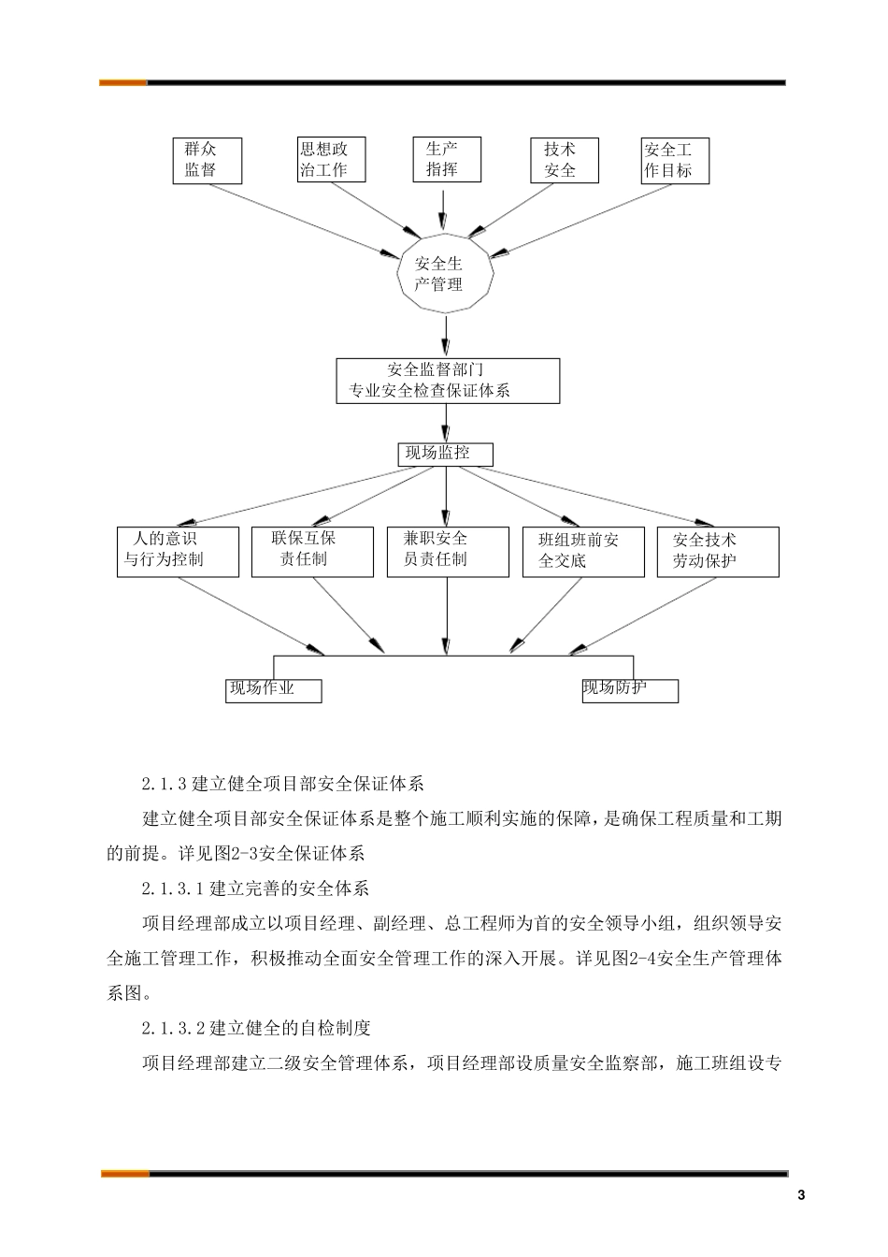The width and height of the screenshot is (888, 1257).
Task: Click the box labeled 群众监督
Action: coord(208,160)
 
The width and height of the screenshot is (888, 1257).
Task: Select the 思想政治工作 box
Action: coord(329,160)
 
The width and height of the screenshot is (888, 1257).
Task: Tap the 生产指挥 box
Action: coord(448,159)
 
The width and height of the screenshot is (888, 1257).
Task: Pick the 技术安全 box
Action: coord(563,160)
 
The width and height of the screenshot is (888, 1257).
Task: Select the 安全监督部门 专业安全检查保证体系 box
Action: coord(448,381)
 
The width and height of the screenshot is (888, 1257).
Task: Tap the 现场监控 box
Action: coord(445,454)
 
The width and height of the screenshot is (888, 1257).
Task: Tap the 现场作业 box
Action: coord(273,690)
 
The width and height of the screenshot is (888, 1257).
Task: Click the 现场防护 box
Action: coord(629,690)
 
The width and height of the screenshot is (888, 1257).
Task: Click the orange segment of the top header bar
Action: coord(123,82)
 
